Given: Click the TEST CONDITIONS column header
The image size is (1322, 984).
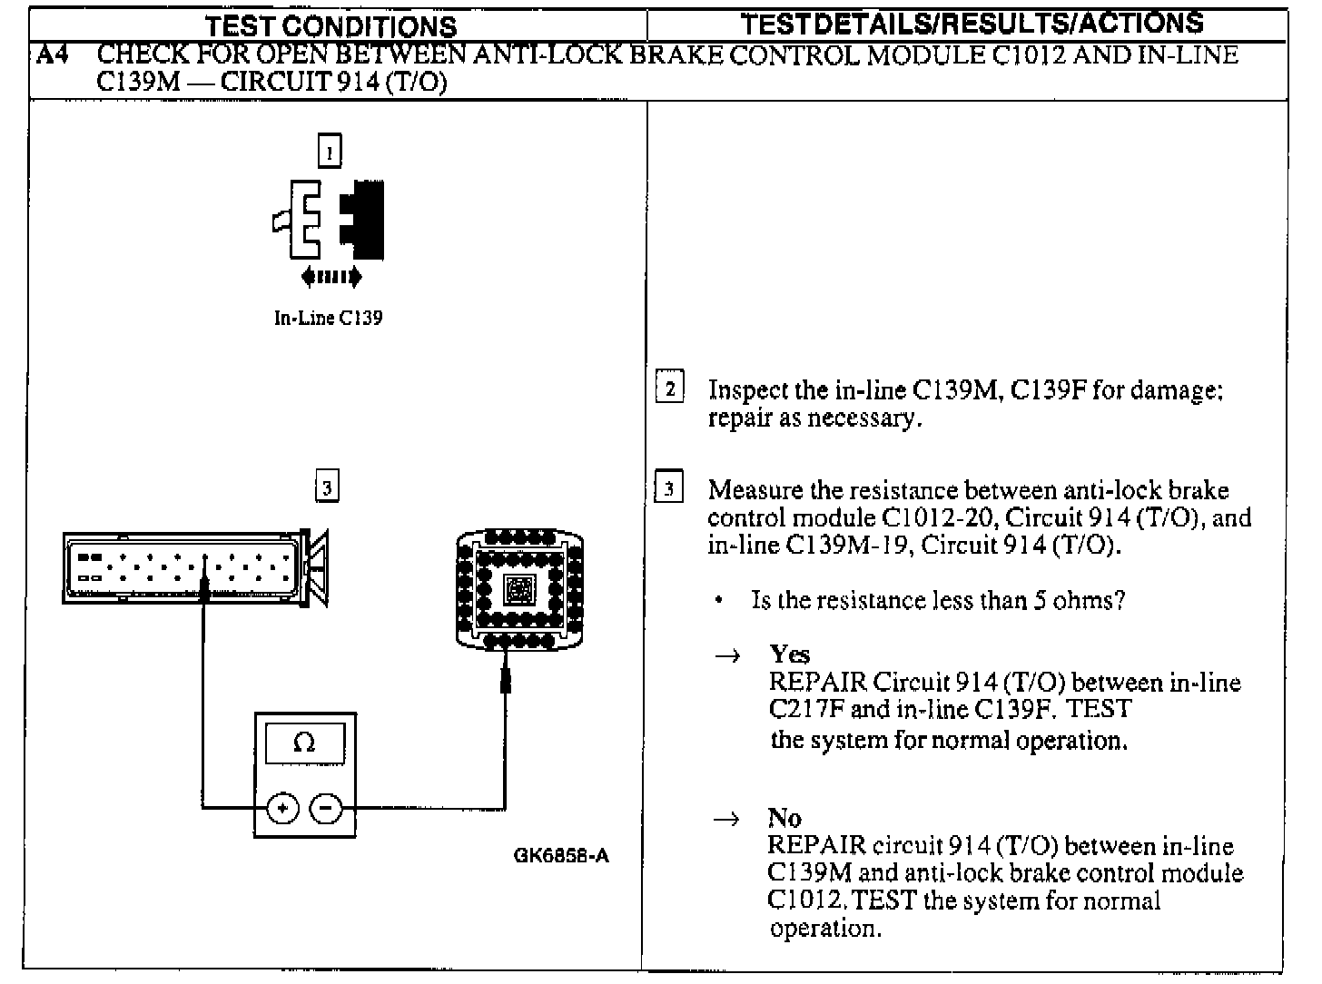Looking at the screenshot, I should (331, 26).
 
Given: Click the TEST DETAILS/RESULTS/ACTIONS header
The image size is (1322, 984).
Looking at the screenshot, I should (972, 24).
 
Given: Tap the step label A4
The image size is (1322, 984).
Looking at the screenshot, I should (51, 56).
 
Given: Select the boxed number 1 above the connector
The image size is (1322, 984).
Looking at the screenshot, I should (329, 151).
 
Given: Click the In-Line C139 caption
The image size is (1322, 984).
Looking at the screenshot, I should (328, 319).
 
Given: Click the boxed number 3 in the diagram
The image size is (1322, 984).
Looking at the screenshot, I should (327, 487).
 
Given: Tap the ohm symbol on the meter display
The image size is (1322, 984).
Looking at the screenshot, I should (305, 743).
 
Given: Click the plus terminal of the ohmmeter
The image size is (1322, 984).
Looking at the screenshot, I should (282, 807).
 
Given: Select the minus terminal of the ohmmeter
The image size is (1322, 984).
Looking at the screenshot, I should (327, 807).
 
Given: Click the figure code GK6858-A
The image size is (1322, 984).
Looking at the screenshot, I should (560, 855).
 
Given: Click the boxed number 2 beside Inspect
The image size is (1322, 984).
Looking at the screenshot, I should (670, 389).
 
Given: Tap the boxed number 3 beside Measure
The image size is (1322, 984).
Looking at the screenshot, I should (669, 489).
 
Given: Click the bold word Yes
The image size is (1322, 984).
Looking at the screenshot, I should (789, 654).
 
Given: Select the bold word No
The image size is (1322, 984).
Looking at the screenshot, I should (784, 818).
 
